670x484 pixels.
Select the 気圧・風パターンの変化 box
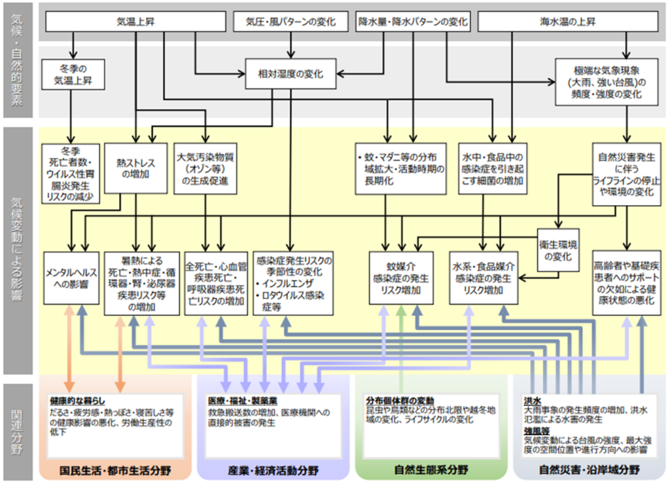pyautogui.click(x=291, y=22)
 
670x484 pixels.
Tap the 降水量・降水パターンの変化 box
pyautogui.click(x=413, y=22)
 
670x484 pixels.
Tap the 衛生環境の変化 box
pyautogui.click(x=558, y=250)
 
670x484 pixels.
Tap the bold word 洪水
pyautogui.click(x=531, y=400)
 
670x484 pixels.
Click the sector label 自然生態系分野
pyautogui.click(x=431, y=470)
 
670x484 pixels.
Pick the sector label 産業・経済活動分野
pyautogui.click(x=273, y=470)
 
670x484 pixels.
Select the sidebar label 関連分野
pyautogui.click(x=18, y=429)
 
